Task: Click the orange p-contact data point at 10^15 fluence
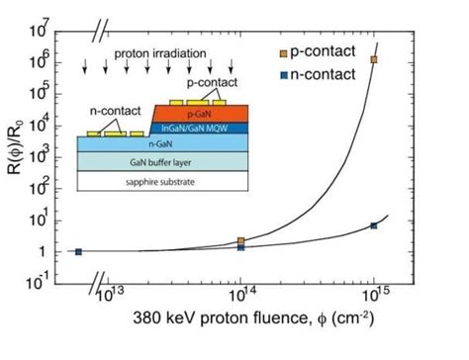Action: coord(373,59)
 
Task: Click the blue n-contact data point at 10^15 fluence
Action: coord(373,225)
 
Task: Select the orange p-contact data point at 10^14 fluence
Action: coord(241,240)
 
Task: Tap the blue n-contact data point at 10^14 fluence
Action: coord(241,246)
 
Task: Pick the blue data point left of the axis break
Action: coord(79,251)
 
